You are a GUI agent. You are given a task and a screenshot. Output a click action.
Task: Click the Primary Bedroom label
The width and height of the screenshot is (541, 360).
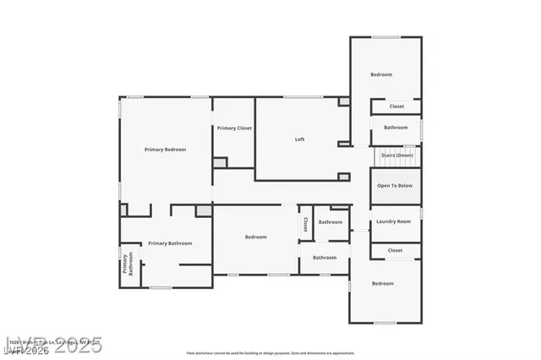click(x=165, y=150)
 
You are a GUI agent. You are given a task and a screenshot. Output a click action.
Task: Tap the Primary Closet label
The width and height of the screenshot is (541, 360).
click(x=234, y=128)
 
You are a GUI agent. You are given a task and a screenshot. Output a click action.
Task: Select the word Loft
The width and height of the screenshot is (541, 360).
click(x=299, y=139)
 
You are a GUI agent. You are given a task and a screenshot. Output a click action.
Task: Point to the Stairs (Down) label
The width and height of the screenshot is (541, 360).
click(x=396, y=155)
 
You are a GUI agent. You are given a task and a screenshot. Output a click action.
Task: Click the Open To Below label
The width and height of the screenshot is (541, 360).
click(x=395, y=185)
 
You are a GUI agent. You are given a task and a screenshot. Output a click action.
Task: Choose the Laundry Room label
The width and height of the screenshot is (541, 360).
click(x=393, y=221)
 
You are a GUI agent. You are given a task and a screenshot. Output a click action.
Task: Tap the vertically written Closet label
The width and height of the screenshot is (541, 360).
click(x=305, y=225)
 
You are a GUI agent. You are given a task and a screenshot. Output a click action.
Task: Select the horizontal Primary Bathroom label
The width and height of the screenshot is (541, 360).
click(x=170, y=243)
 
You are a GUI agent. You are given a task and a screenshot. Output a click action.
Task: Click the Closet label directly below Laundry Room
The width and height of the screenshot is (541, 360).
click(x=395, y=251)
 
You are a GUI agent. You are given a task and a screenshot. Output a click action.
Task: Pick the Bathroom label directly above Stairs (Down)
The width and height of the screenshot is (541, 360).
click(x=396, y=128)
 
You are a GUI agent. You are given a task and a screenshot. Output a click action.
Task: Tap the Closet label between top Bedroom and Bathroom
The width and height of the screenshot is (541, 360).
click(x=396, y=106)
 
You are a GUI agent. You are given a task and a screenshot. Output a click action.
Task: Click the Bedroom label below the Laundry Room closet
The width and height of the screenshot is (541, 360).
click(x=383, y=284)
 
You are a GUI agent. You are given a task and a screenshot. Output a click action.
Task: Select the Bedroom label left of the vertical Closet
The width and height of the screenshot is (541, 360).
click(x=256, y=237)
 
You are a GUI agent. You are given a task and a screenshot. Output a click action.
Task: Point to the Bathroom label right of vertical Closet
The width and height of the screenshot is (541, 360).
click(x=330, y=222)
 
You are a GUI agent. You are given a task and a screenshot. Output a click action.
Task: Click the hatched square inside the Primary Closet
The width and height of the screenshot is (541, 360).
click(x=221, y=161)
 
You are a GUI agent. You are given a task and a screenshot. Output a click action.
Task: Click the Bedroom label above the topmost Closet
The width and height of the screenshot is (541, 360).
click(x=381, y=74)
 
